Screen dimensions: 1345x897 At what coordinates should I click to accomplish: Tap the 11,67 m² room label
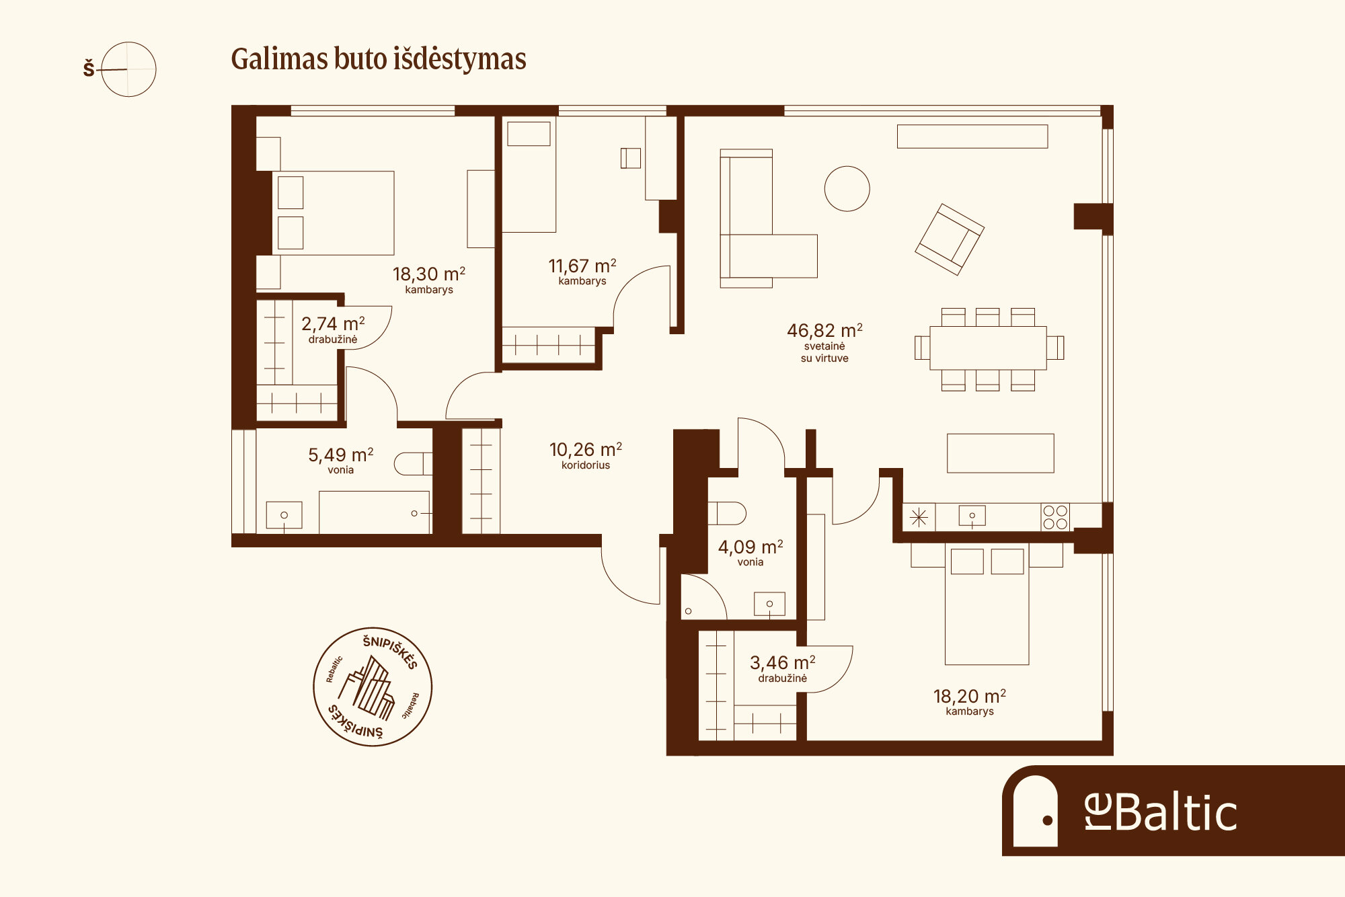tap(582, 272)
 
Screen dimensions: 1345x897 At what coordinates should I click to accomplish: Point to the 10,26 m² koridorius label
tap(586, 455)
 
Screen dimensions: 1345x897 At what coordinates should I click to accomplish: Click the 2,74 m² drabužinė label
tap(333, 329)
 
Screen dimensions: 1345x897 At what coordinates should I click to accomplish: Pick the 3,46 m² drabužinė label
tap(783, 668)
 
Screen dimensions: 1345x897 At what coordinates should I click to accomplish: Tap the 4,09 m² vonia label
tap(751, 553)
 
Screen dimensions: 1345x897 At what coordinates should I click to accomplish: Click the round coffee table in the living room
tap(847, 189)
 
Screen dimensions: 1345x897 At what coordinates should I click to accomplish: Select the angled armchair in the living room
tap(950, 239)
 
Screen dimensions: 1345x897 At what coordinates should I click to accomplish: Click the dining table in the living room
tap(988, 348)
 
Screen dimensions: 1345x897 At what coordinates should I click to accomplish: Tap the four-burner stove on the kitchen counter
tap(1055, 517)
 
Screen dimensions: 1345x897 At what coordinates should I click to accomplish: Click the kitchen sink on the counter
tap(972, 516)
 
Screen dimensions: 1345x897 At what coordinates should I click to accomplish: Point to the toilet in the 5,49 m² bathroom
tap(413, 464)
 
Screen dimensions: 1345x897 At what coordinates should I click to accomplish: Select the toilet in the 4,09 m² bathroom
tap(727, 513)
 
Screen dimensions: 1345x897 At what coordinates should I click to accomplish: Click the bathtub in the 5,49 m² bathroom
tap(374, 512)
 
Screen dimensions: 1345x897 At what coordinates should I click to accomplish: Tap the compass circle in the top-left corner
tap(128, 69)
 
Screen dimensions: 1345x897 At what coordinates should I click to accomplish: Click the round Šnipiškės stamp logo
tap(373, 687)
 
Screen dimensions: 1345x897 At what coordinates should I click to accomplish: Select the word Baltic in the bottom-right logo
tap(1176, 813)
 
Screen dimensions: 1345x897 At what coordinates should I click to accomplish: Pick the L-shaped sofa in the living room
tap(769, 219)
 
